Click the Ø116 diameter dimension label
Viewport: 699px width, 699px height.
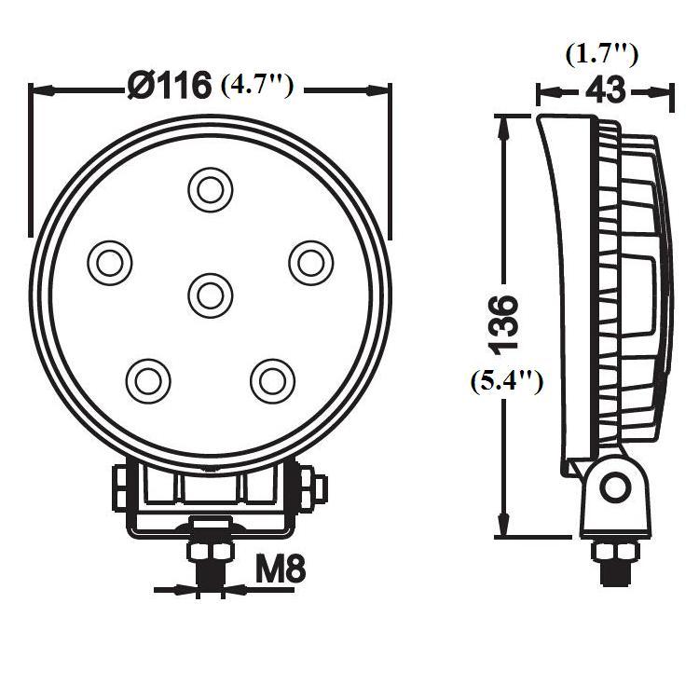click(169, 85)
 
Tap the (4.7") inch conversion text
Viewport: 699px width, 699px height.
click(257, 85)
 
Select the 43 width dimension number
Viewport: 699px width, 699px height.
click(605, 90)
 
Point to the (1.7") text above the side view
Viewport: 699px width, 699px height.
click(602, 55)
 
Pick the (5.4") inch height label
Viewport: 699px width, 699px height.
click(507, 381)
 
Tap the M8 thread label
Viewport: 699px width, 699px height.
click(281, 569)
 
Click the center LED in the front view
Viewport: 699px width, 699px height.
click(210, 295)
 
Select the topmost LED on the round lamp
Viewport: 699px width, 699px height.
click(210, 190)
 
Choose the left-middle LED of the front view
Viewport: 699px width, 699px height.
click(110, 263)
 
